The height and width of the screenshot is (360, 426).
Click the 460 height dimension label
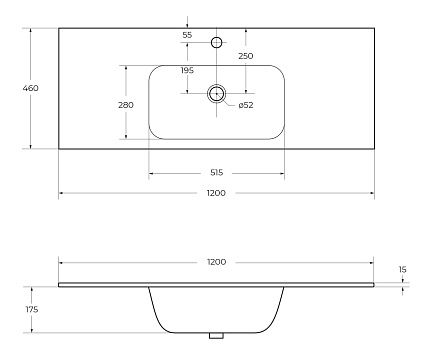[x=30, y=88]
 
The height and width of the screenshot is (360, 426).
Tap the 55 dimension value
[x=187, y=35]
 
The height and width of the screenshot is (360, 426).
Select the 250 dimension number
[x=246, y=56]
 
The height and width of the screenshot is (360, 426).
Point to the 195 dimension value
[x=187, y=70]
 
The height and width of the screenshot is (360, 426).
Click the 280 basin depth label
[x=126, y=105]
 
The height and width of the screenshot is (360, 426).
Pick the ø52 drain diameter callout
[x=246, y=105]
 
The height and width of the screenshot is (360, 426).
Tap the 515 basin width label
[x=217, y=173]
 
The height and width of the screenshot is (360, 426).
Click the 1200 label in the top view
[x=216, y=193]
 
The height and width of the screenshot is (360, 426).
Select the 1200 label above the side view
[x=216, y=262]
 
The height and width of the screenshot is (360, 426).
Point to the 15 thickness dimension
[x=403, y=269]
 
